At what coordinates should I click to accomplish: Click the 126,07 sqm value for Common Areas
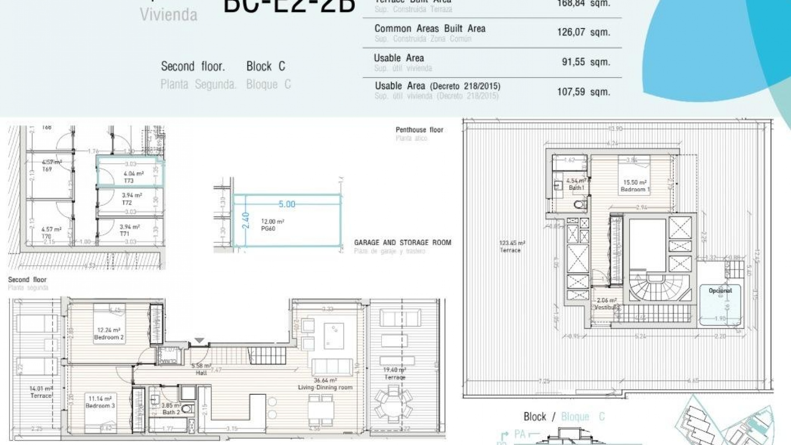coord(583,32)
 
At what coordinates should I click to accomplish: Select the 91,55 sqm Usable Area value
coord(585,62)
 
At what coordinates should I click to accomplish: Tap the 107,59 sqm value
coord(583,92)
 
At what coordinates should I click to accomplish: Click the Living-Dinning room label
coord(325,387)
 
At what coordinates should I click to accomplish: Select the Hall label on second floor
coord(201,372)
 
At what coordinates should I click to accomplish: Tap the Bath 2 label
coord(171,412)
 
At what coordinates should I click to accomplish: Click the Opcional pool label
coord(720,290)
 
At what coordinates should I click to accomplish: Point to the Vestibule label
coord(607,307)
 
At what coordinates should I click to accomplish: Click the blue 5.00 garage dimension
coord(287,204)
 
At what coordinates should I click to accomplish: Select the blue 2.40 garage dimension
coord(246,220)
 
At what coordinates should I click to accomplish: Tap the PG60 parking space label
coord(268,228)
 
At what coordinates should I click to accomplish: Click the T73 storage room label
coord(129,180)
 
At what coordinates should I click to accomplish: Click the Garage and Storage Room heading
coord(403,243)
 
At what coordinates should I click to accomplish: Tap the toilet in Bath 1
coord(579,204)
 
